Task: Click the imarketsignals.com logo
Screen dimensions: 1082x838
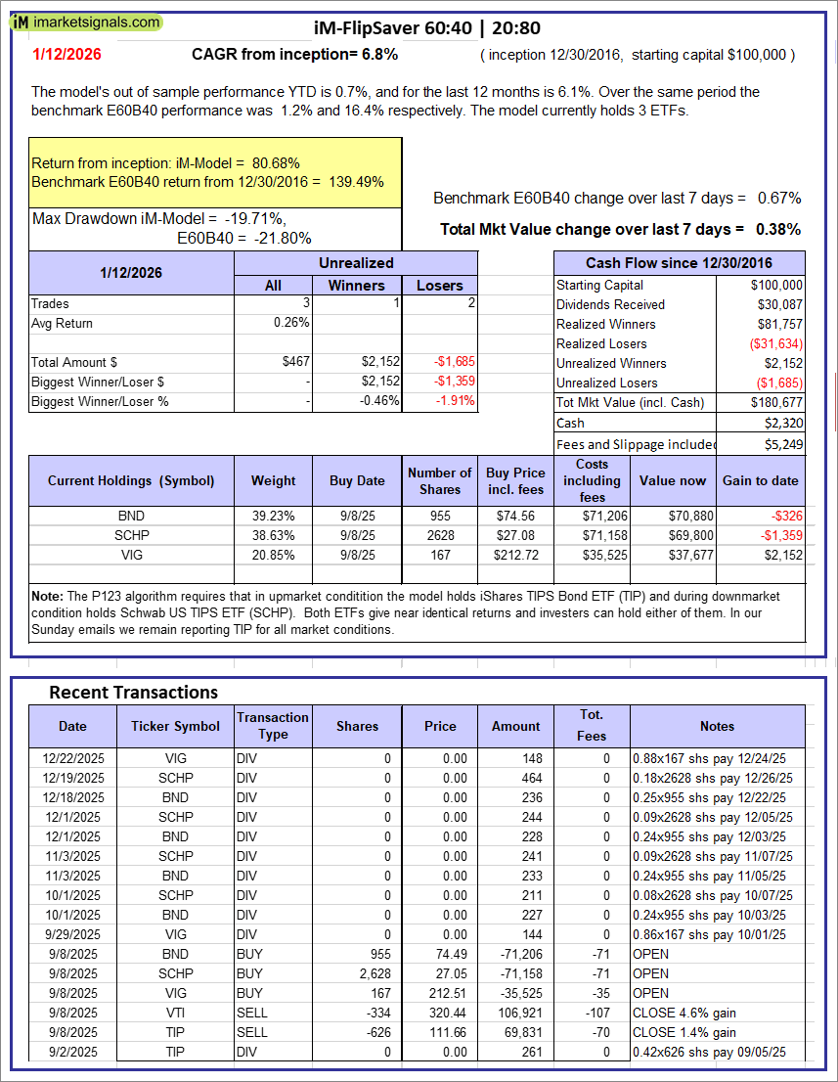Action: click(87, 22)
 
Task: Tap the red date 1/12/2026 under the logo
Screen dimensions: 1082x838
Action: click(66, 55)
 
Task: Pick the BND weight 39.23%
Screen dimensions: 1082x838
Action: click(273, 516)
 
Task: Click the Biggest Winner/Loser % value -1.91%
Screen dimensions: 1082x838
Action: click(454, 401)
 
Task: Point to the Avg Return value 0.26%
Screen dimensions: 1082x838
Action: click(291, 323)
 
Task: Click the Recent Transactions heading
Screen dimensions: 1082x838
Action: click(133, 692)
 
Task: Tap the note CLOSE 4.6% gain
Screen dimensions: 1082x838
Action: click(684, 1013)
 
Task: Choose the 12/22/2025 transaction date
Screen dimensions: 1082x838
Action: click(72, 758)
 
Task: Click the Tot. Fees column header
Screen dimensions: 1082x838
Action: click(591, 725)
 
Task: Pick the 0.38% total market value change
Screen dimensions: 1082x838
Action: click(778, 229)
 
